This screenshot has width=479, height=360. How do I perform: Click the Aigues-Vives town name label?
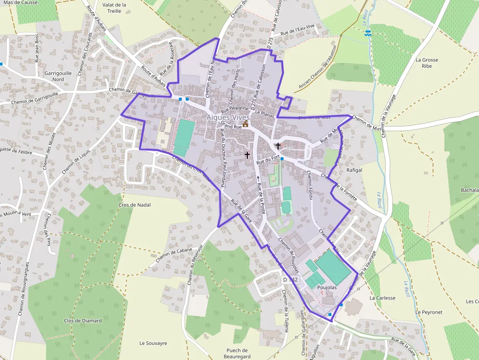click(x=228, y=117)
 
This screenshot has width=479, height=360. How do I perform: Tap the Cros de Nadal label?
click(x=134, y=205)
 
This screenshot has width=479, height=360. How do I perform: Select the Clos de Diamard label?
click(x=83, y=320)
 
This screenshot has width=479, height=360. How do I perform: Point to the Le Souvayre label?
click(x=153, y=343)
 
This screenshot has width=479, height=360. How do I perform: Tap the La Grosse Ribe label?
click(x=427, y=63)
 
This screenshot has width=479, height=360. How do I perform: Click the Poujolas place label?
click(x=327, y=288)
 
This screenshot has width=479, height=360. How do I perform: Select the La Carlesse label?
click(x=382, y=297)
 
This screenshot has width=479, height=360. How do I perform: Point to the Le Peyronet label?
click(x=429, y=312)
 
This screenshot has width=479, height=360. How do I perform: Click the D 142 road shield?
click(x=290, y=279)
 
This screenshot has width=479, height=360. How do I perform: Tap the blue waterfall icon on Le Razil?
click(x=368, y=32)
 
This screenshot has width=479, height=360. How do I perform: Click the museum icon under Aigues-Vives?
click(x=245, y=125)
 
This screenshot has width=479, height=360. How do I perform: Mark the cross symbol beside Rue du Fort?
click(x=278, y=146)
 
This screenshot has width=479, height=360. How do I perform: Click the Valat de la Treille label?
click(x=115, y=8)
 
